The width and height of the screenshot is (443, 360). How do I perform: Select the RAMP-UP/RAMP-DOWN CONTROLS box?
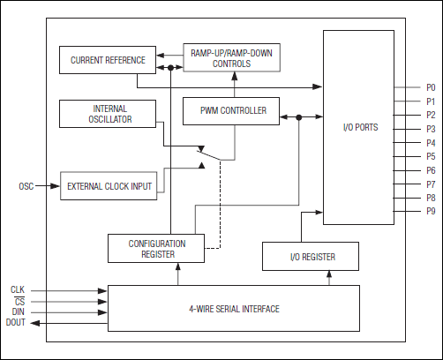tap(234, 59)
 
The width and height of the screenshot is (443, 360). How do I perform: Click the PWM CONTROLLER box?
tap(234, 111)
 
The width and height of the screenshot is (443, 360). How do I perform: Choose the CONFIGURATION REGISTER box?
tap(156, 248)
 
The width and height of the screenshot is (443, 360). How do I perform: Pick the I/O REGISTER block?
tap(311, 257)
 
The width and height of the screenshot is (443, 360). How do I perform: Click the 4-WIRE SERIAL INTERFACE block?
tap(234, 309)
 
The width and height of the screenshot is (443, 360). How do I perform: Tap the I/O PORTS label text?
tap(360, 128)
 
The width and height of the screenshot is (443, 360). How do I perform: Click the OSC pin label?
tap(26, 186)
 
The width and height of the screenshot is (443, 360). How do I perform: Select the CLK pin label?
tap(18, 289)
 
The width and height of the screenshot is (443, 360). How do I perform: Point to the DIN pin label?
tap(18, 311)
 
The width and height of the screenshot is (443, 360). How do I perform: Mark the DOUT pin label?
tap(16, 323)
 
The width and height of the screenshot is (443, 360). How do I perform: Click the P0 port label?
tap(431, 87)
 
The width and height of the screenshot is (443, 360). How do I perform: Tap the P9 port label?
tap(431, 211)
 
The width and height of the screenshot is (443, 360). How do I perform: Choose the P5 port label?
tap(431, 156)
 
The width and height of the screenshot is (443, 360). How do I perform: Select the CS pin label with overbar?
tap(18, 301)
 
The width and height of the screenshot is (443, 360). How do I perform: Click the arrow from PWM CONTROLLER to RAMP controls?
tap(234, 86)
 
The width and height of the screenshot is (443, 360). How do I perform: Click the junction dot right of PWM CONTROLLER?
tap(299, 116)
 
